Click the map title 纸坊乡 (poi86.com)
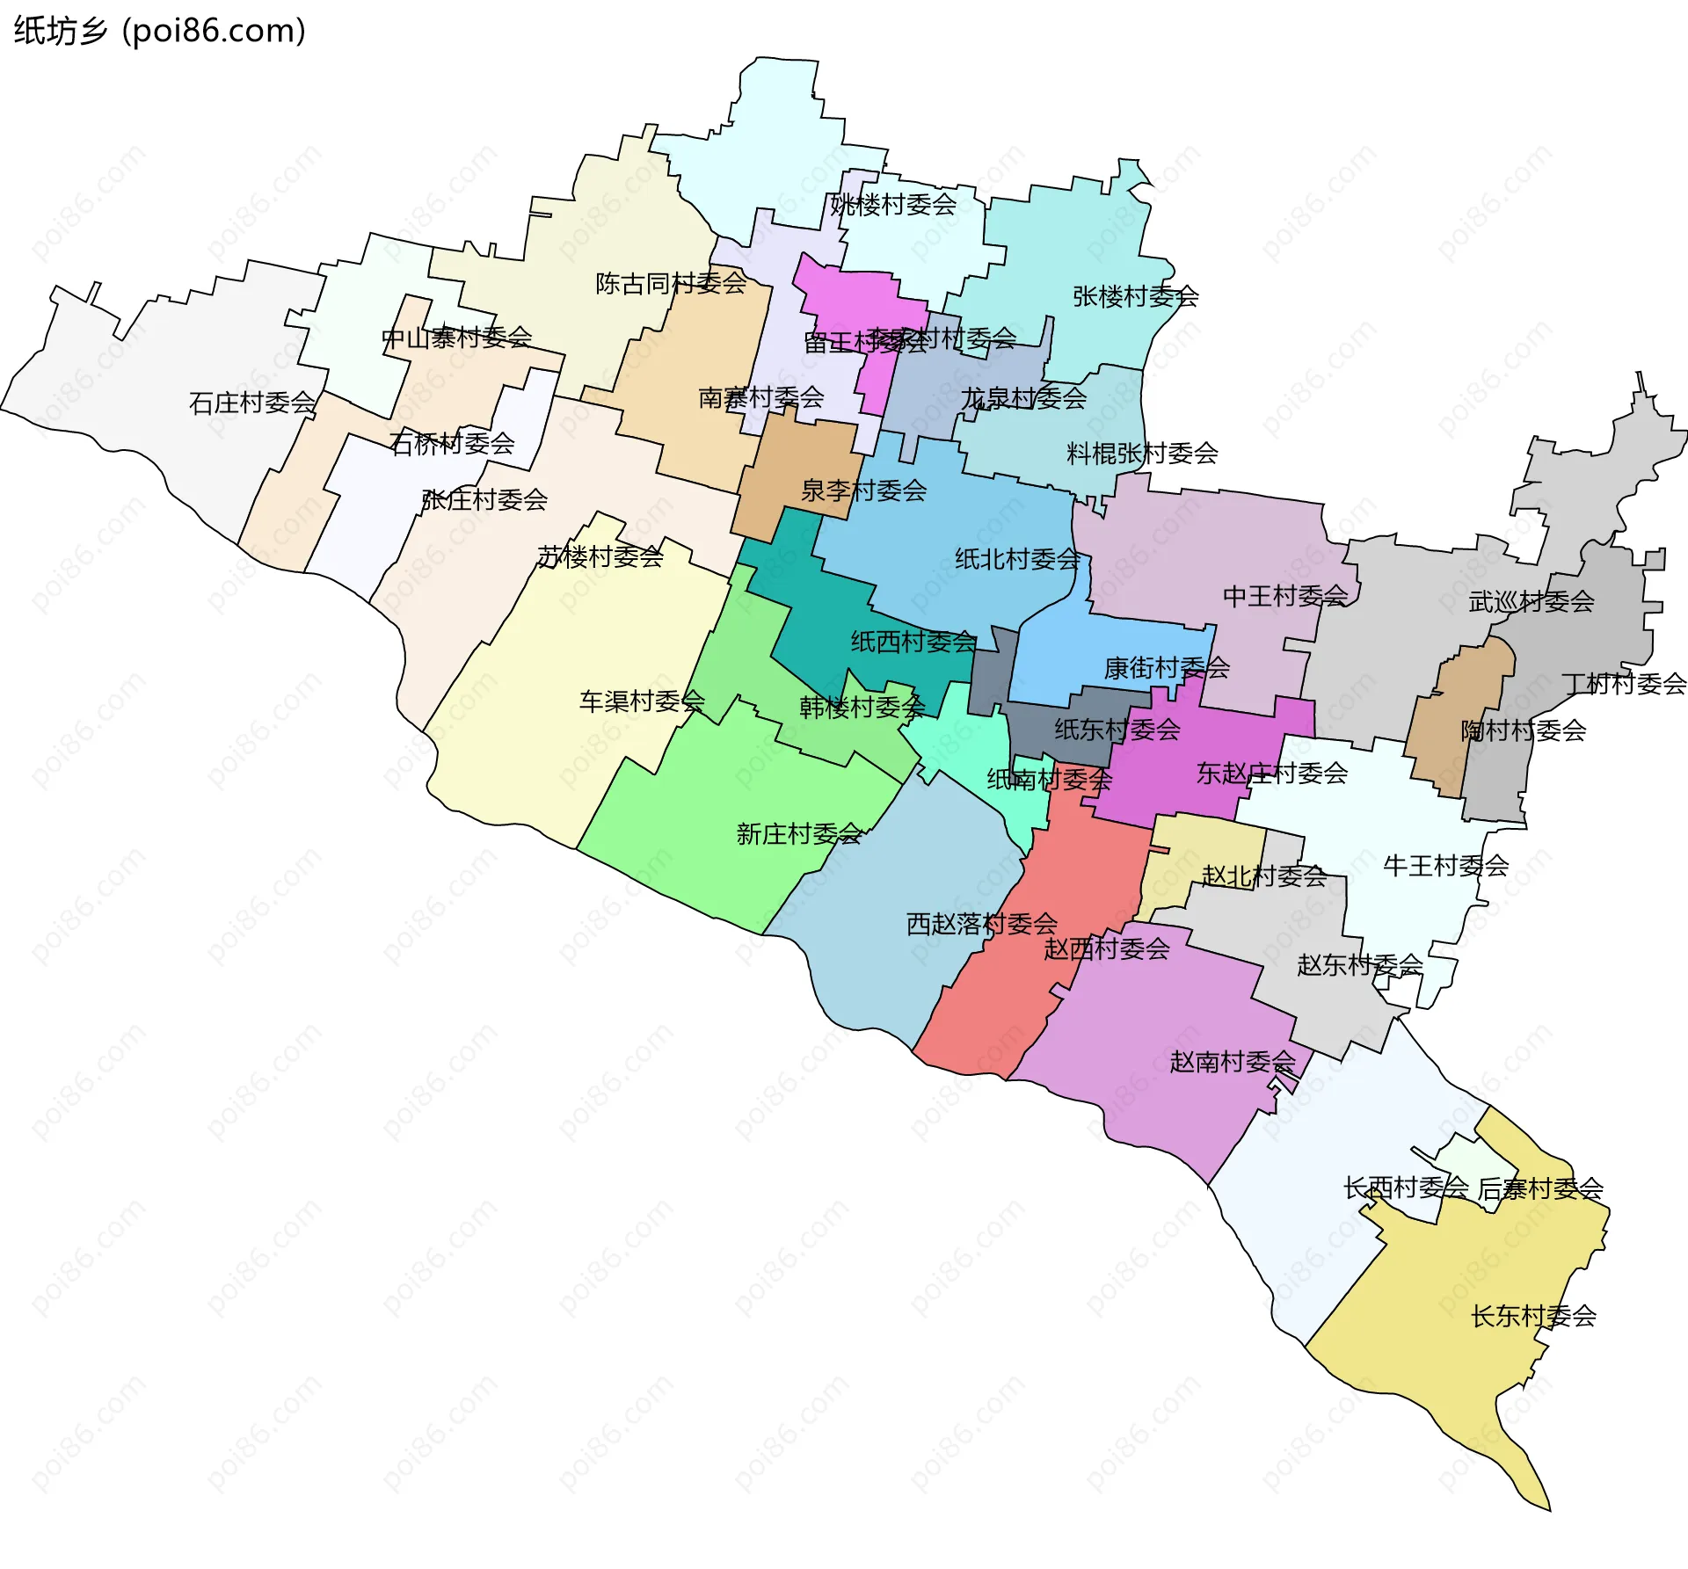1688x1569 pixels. click(159, 31)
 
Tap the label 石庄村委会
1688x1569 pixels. click(252, 403)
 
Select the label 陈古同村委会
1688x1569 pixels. click(671, 283)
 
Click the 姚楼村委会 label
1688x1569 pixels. click(893, 204)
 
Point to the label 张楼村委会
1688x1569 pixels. click(1135, 296)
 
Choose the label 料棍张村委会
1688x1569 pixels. click(1142, 454)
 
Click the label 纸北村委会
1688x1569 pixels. click(1017, 559)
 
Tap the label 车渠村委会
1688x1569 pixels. click(642, 701)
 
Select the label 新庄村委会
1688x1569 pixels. click(798, 833)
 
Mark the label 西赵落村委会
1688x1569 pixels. click(982, 924)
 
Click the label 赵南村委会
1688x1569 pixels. click(1232, 1062)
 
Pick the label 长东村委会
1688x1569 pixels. click(1533, 1316)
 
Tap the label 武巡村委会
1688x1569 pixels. click(1532, 601)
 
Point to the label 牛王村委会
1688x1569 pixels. click(1446, 866)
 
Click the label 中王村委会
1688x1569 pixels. click(1285, 596)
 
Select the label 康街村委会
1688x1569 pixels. click(1167, 668)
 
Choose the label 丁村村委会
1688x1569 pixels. click(1624, 683)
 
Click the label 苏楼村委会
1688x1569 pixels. click(600, 556)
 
